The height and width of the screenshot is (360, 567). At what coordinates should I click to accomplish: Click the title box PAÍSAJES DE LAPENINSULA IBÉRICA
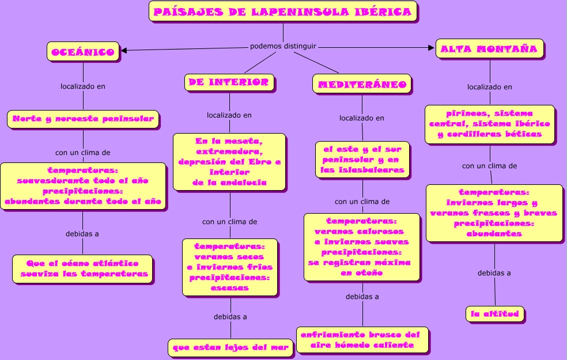pyautogui.click(x=283, y=12)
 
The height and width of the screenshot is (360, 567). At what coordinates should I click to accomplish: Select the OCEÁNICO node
pyautogui.click(x=83, y=52)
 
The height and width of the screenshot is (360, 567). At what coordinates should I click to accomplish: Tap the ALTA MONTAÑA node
pyautogui.click(x=490, y=49)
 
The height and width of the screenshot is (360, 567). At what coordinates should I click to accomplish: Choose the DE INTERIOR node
pyautogui.click(x=229, y=82)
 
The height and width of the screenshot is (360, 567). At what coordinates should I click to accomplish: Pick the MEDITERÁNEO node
pyautogui.click(x=362, y=84)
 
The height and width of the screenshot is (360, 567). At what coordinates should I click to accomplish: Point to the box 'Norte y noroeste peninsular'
pyautogui.click(x=83, y=119)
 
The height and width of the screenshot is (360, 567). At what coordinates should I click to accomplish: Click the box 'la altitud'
pyautogui.click(x=495, y=314)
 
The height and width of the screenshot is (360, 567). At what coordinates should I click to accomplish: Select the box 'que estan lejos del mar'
pyautogui.click(x=231, y=347)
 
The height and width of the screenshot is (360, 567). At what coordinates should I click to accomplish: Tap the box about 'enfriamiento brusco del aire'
pyautogui.click(x=362, y=339)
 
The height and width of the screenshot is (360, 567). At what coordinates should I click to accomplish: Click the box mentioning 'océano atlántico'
pyautogui.click(x=83, y=268)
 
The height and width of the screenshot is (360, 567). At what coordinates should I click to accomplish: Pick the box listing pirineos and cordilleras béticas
pyautogui.click(x=490, y=124)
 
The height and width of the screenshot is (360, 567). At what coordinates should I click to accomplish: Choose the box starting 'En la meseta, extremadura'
pyautogui.click(x=230, y=161)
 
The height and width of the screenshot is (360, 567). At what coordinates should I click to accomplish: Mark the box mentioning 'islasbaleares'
pyautogui.click(x=362, y=160)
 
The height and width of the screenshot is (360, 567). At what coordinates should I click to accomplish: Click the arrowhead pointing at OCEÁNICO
pyautogui.click(x=124, y=50)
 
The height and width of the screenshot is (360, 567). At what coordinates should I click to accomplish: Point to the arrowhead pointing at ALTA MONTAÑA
pyautogui.click(x=431, y=48)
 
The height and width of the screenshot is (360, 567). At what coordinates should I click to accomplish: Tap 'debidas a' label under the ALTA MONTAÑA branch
pyautogui.click(x=494, y=273)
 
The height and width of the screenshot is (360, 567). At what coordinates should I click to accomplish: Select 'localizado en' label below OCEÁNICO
pyautogui.click(x=83, y=86)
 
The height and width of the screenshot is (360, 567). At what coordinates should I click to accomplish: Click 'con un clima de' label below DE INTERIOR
pyautogui.click(x=230, y=221)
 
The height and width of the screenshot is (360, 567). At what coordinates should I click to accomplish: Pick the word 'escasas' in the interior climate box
pyautogui.click(x=230, y=287)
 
